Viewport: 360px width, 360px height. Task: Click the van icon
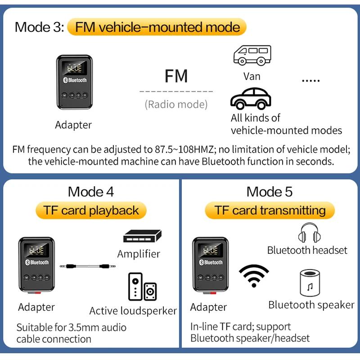pos(252,55)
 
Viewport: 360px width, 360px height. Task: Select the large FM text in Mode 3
pos(176,76)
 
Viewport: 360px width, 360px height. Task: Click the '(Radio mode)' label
pos(176,104)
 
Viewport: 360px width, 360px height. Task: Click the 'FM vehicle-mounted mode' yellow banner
pos(157,27)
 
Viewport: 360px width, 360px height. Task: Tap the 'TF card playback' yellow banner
pos(91,210)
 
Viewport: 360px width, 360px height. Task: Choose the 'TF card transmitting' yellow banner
pos(270,210)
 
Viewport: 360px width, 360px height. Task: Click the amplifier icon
pos(142,236)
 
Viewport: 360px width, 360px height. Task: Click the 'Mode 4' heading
pos(91,192)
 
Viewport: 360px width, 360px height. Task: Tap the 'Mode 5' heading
pos(270,192)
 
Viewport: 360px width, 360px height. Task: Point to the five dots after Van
pos(310,81)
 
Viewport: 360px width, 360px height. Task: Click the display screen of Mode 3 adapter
pos(75,69)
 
